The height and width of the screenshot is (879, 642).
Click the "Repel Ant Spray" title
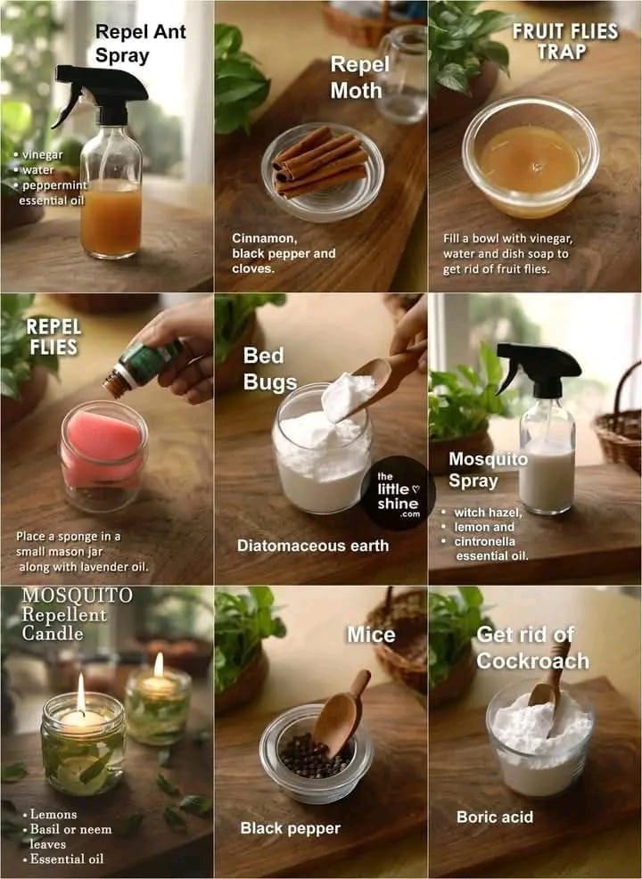(140, 43)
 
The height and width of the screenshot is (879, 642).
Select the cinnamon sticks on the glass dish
(320, 161)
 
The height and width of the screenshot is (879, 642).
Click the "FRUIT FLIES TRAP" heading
(565, 41)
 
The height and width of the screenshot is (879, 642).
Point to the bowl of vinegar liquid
(531, 157)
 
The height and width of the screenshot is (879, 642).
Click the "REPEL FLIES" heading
(53, 336)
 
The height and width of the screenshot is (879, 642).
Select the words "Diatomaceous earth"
(313, 546)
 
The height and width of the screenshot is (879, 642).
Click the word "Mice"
(371, 635)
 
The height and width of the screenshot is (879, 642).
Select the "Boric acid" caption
(495, 817)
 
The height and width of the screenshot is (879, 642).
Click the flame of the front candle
(81, 693)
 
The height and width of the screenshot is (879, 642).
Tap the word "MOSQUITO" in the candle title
(78, 595)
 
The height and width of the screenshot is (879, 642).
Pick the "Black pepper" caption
(290, 828)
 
